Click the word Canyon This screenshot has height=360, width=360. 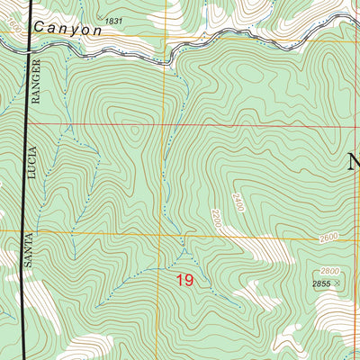(x=68, y=30)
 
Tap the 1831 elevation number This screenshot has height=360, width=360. (x=113, y=20)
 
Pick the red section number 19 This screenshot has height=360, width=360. (x=184, y=281)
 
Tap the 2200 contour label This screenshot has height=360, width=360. (x=214, y=218)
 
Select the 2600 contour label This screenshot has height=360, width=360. (x=330, y=238)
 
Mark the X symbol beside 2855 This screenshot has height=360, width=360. (x=339, y=284)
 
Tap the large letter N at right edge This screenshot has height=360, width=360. (x=353, y=162)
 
